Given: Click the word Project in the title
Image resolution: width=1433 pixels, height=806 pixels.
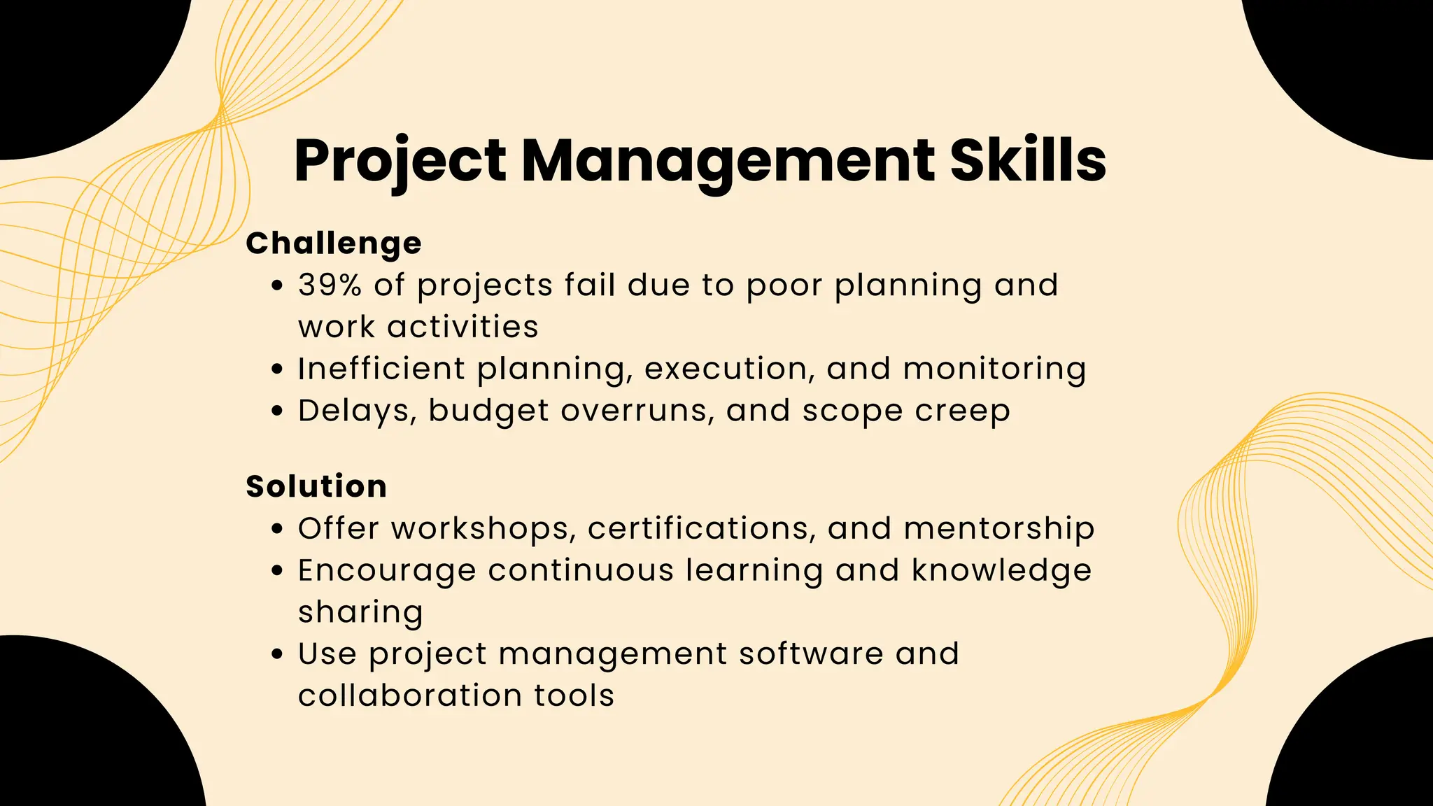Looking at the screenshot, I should [400, 161].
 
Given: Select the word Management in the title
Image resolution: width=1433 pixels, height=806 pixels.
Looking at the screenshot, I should [728, 161].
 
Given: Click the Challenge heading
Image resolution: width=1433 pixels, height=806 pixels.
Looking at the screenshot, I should [334, 243].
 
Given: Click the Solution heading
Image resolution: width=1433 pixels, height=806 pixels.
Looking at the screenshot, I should [316, 486].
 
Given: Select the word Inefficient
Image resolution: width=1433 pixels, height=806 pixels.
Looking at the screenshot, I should [381, 369].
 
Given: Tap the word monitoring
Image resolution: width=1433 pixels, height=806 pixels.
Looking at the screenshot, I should [994, 369].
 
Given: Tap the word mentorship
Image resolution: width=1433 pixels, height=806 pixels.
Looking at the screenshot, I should [999, 528].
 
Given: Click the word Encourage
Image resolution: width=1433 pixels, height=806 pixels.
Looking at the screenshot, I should [387, 570].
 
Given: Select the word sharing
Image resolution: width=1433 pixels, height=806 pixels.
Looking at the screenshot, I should [360, 612].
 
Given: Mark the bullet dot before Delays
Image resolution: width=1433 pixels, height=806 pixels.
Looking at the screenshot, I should [278, 411].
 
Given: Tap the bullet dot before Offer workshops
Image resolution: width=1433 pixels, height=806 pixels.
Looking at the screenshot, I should [278, 529].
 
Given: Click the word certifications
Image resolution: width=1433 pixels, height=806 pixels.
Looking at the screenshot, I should [702, 528].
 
